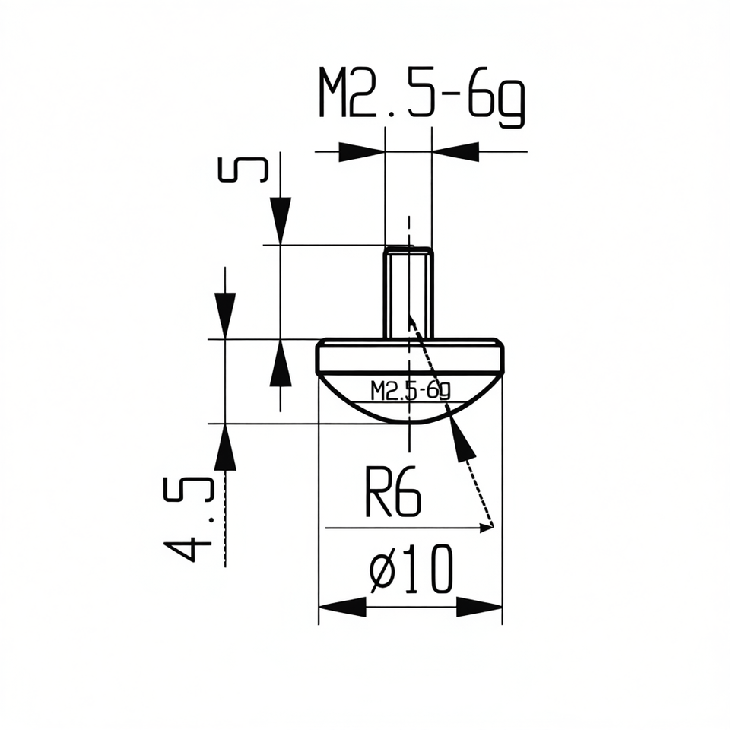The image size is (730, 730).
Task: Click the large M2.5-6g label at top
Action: [x=422, y=98]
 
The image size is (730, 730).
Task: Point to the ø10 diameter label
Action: [x=411, y=569]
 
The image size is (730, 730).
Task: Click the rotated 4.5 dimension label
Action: [x=189, y=519]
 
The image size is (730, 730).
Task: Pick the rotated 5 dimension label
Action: [x=243, y=170]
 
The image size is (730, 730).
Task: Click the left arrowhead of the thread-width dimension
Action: [x=362, y=152]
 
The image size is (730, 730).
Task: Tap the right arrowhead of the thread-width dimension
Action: [x=455, y=152]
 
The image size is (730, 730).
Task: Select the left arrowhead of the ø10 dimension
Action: [x=341, y=607]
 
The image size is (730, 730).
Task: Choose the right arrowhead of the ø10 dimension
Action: [x=480, y=607]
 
